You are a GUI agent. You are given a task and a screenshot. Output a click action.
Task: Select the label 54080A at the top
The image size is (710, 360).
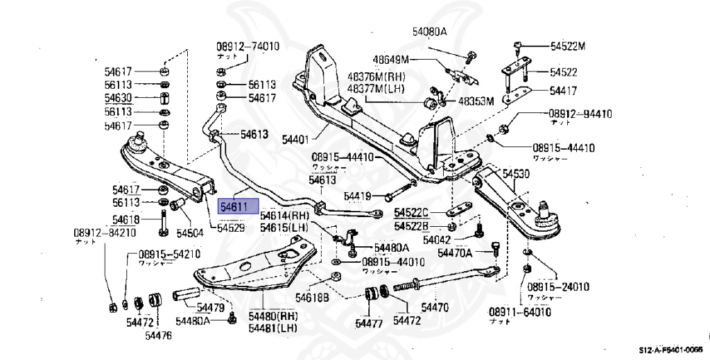click(429, 32)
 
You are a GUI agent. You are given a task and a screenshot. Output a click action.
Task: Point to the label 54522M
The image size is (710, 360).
click(568, 46)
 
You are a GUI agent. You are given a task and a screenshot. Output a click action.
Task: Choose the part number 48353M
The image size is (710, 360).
click(475, 101)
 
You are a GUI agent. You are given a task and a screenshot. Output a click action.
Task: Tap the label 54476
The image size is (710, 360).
click(158, 336)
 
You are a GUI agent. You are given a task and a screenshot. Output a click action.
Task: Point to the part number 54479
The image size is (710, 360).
click(209, 307)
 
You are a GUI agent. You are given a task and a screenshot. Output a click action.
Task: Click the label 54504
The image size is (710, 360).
click(190, 232)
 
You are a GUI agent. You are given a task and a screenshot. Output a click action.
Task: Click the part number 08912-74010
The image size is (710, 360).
click(248, 46)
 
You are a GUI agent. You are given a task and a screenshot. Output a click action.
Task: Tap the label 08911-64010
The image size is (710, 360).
click(519, 312)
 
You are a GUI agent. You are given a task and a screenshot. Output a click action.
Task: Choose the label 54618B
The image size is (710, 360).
click(312, 298)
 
